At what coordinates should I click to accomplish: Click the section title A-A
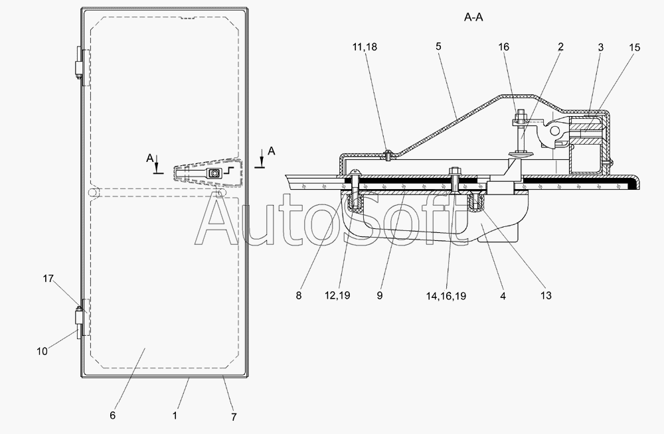click(473, 19)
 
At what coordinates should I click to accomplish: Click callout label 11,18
click(365, 48)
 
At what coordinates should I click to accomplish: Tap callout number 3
click(600, 48)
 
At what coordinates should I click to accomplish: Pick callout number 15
click(635, 48)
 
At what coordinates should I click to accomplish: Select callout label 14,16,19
click(446, 296)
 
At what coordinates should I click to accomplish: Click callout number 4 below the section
click(503, 296)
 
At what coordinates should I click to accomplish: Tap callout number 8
click(299, 296)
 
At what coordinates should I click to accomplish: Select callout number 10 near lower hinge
click(42, 352)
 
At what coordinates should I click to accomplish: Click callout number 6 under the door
click(112, 415)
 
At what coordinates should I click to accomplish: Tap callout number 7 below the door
click(234, 417)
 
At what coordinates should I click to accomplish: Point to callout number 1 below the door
click(175, 415)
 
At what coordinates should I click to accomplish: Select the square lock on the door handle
click(214, 174)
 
